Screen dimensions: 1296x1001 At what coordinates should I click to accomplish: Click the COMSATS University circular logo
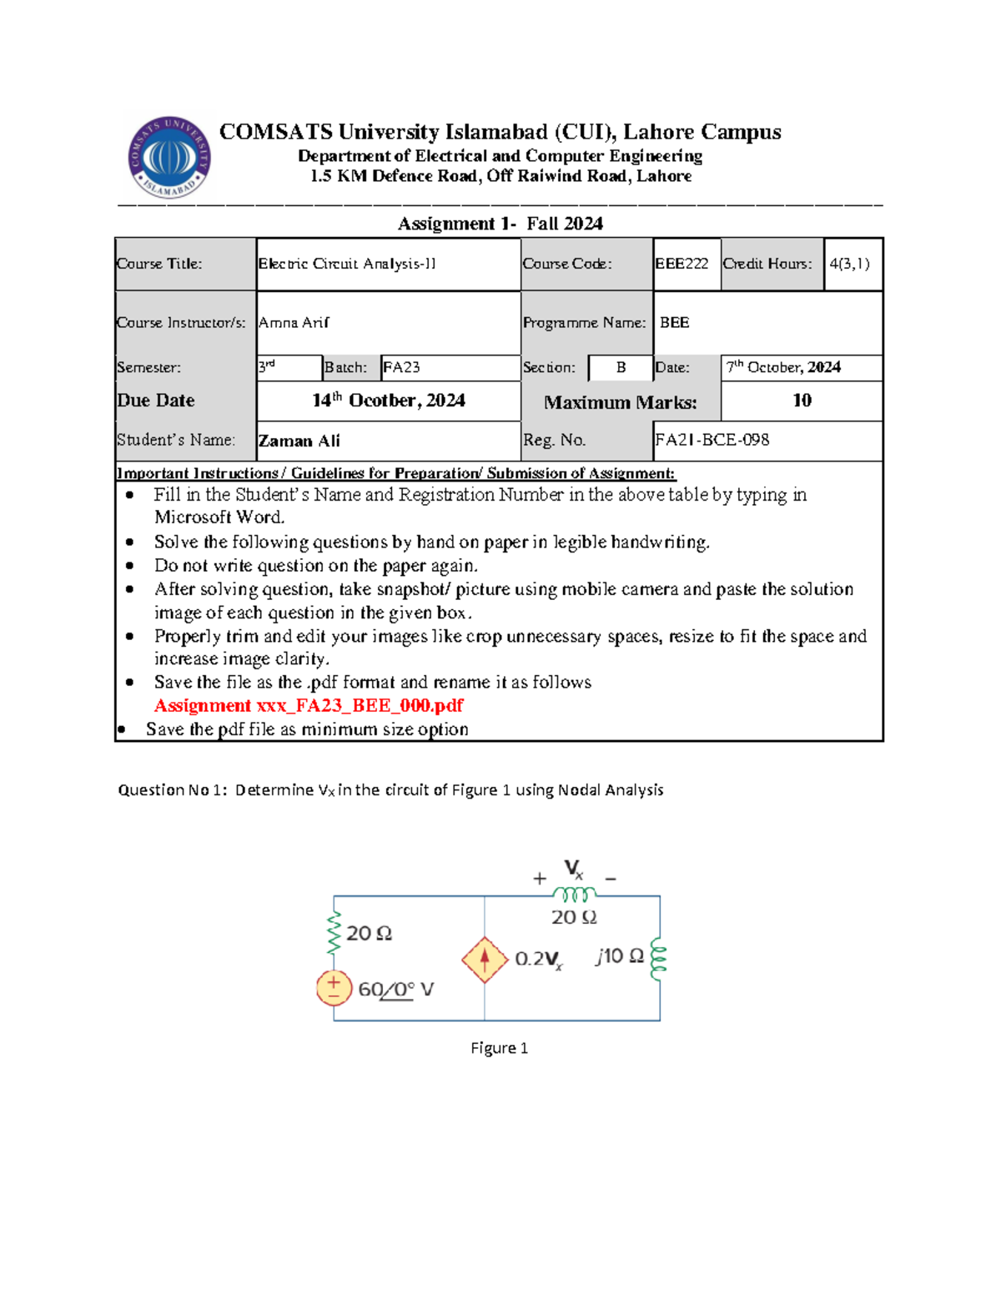click(x=169, y=157)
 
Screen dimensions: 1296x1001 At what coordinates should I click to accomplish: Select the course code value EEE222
click(x=682, y=264)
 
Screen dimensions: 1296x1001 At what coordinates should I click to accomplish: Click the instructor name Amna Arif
click(x=294, y=322)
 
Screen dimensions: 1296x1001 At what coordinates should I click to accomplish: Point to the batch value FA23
click(x=401, y=367)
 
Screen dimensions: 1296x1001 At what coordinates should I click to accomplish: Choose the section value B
click(x=621, y=367)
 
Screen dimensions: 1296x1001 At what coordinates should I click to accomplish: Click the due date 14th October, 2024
click(x=388, y=401)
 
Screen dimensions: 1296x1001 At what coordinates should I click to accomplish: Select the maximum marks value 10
click(x=801, y=401)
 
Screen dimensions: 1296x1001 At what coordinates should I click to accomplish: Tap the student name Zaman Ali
click(x=299, y=441)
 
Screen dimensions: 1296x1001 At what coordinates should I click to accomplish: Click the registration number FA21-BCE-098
click(x=712, y=440)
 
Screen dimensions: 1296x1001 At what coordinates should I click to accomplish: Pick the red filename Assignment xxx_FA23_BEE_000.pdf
click(x=309, y=706)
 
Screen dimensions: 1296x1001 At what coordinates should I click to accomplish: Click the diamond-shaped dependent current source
click(x=485, y=959)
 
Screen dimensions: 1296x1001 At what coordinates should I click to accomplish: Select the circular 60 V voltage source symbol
click(x=334, y=989)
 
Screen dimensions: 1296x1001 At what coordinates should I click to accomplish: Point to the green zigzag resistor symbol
click(x=334, y=933)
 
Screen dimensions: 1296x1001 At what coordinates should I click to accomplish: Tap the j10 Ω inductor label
click(x=619, y=956)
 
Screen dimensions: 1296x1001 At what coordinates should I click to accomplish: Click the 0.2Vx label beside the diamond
click(x=538, y=960)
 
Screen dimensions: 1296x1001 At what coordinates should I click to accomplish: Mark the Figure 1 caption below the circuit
click(x=499, y=1048)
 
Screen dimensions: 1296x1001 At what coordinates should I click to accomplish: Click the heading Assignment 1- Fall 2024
click(x=500, y=224)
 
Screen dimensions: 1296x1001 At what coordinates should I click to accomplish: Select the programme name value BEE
click(x=674, y=322)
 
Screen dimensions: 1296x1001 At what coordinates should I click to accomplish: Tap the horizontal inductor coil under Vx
click(x=574, y=895)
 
